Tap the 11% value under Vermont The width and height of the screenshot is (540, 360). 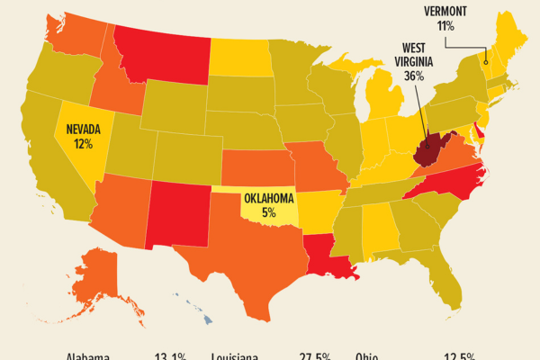coord(446,26)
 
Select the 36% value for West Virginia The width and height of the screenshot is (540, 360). coord(415,76)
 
